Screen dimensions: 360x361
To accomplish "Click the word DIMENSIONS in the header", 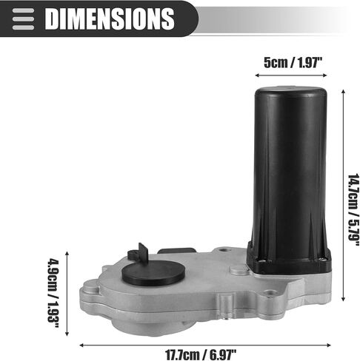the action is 110,18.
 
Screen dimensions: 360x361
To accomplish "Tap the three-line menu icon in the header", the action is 23,19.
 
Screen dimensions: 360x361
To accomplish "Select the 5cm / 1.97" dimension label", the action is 293,62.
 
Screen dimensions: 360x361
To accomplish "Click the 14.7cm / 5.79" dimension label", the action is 353,210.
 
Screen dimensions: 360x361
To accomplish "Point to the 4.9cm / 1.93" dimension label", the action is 53,293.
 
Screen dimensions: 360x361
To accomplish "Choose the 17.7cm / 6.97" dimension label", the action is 201,355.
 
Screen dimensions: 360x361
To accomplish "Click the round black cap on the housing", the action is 153,273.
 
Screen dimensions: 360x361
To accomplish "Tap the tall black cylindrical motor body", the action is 290,172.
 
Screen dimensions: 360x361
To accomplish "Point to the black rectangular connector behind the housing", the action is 177,251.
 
